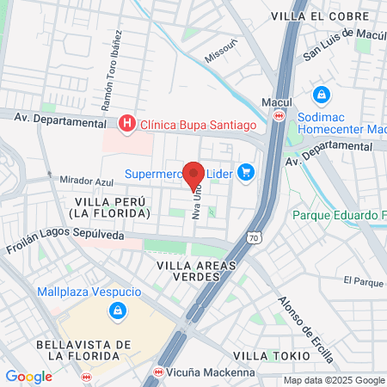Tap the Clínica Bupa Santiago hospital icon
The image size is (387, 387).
click(127, 125)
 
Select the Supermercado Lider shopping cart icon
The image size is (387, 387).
click(247, 173)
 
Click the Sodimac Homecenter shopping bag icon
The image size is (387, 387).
click(321, 94)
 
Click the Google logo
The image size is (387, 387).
click(29, 377)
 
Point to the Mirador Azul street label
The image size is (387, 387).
click(87, 181)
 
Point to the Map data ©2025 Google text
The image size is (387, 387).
click(335, 380)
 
